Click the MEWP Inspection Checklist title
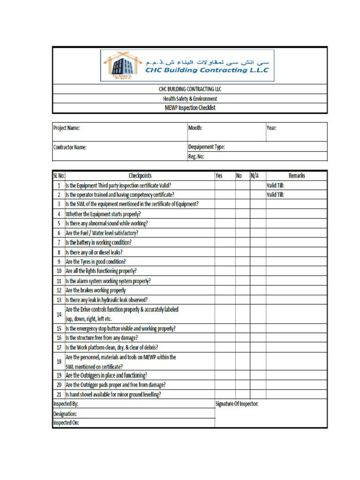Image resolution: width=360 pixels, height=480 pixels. pos(190,108)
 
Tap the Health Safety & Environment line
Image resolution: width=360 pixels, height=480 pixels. pos(190,98)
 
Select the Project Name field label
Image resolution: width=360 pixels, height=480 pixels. pos(67,128)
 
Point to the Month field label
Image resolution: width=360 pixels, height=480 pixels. pos(195,128)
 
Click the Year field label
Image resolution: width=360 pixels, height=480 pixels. pos(271,128)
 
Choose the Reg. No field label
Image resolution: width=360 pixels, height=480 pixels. pos(196,157)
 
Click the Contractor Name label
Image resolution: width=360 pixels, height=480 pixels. pos(70,147)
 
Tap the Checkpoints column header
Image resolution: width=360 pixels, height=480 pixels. pos(140,176)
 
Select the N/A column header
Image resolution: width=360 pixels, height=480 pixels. pos(255,176)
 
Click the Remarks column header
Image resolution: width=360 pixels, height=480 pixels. pos(296,176)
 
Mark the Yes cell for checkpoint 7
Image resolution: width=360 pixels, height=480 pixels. pos(225,242)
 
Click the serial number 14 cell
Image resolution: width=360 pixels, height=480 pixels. pos(59,314)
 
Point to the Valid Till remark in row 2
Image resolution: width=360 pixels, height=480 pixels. pos(275,195)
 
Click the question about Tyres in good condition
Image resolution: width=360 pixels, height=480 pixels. pos(96,262)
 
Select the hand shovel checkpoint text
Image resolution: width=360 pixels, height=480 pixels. pos(113,395)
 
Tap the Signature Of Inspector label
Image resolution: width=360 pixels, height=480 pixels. pos(237,404)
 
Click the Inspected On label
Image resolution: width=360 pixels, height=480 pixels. pos(66,423)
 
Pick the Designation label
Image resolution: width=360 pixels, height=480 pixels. pos(65,413)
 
